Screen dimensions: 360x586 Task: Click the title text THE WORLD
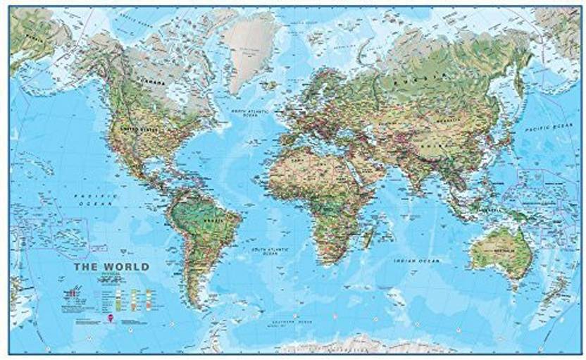(116, 267)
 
